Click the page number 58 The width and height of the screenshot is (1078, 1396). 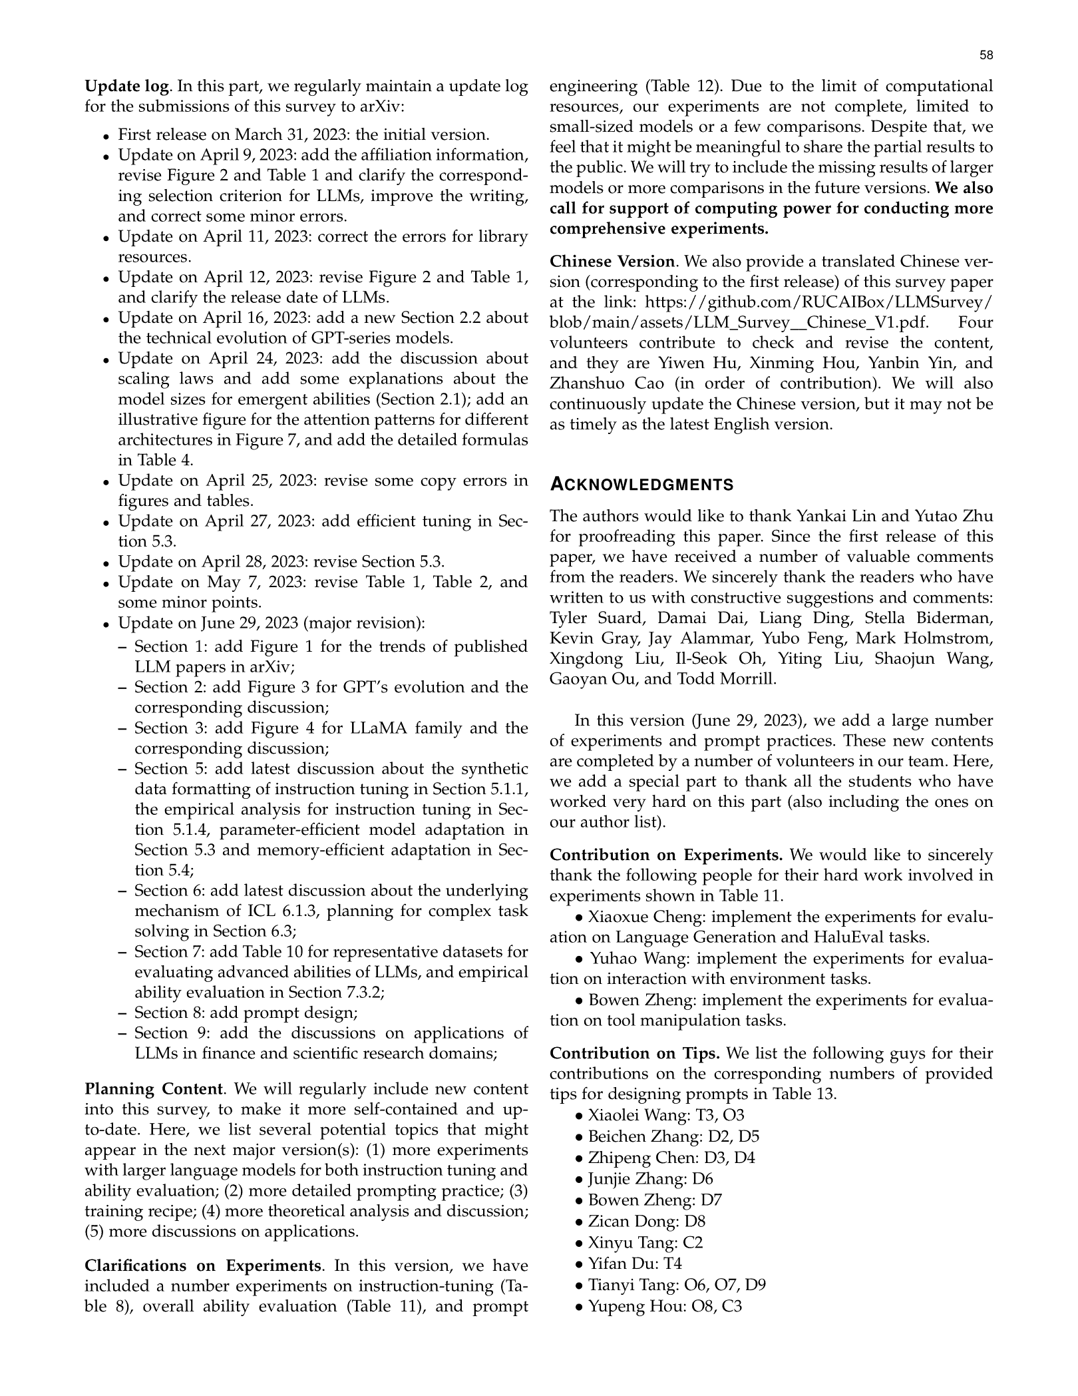(986, 56)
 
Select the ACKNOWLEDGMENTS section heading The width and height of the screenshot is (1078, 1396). (641, 485)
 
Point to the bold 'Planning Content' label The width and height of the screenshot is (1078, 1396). (153, 1089)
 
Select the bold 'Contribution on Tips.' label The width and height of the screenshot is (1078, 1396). (635, 1053)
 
